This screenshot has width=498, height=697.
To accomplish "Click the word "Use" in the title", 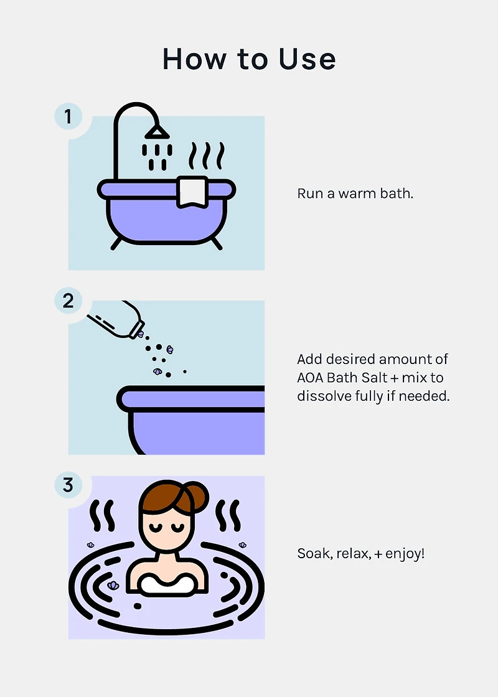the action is pyautogui.click(x=307, y=58).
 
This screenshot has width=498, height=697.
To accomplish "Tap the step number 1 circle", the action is pyautogui.click(x=68, y=116).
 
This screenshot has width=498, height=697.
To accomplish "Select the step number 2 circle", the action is pyautogui.click(x=68, y=301).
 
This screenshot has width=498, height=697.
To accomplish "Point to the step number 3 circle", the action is pyautogui.click(x=68, y=485).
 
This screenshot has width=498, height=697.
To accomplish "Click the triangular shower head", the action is pyautogui.click(x=157, y=131).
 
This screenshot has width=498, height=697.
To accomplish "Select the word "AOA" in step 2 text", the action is pyautogui.click(x=310, y=378).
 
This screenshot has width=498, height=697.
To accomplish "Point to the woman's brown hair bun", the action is pyautogui.click(x=199, y=495).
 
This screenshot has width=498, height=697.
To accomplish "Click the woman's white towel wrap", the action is pyautogui.click(x=167, y=584).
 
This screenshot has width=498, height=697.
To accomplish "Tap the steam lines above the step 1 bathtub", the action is pyautogui.click(x=206, y=156).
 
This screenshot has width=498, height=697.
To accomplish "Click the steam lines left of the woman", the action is pyautogui.click(x=102, y=516).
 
